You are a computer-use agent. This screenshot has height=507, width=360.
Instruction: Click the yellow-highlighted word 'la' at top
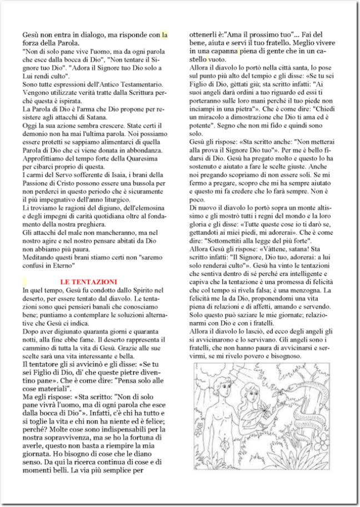pyautogui.click(x=164, y=35)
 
